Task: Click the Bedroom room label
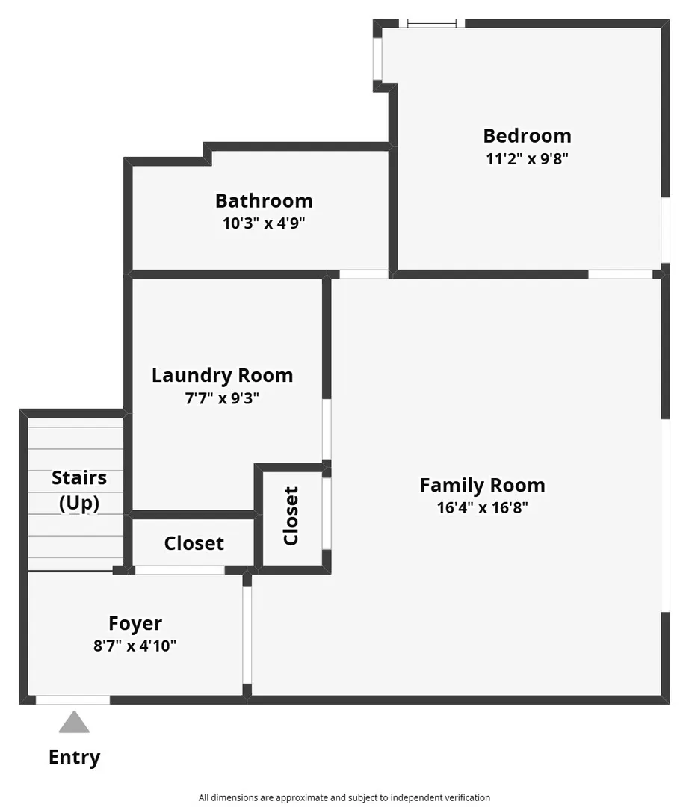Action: (527, 136)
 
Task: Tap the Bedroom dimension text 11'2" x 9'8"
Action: (527, 158)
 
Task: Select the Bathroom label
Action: (264, 201)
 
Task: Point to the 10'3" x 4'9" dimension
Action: (264, 223)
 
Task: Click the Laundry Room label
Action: (222, 375)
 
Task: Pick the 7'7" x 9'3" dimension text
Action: (222, 398)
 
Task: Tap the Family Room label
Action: (482, 486)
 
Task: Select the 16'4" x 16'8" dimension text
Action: (482, 507)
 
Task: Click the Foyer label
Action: (135, 623)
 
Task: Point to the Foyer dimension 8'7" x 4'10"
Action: (135, 646)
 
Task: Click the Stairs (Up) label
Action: (79, 490)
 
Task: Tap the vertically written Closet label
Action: (291, 516)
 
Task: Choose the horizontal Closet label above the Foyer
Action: (194, 543)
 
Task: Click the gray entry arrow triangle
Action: (74, 722)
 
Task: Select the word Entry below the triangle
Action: (74, 758)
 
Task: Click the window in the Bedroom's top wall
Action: (432, 23)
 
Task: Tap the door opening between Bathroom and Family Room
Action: (364, 274)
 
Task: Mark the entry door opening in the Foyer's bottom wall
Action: (72, 700)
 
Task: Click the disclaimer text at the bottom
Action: (344, 797)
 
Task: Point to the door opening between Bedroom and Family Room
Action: (620, 274)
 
